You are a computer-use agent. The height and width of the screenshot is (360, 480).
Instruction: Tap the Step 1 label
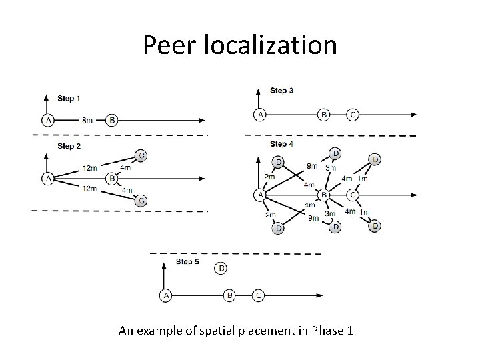click(69, 99)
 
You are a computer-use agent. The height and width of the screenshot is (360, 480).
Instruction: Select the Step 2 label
click(69, 145)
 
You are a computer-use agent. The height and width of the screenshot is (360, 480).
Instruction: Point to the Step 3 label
click(281, 91)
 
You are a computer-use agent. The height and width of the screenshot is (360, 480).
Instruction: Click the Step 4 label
click(279, 144)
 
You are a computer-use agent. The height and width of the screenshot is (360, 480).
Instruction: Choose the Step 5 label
click(187, 262)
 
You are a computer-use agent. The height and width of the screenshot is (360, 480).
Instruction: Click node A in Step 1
click(47, 121)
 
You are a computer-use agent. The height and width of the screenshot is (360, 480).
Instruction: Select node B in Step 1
click(111, 121)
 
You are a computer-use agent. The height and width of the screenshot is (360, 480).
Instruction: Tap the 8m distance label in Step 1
click(87, 121)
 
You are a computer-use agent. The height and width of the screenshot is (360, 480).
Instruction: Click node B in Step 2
click(111, 179)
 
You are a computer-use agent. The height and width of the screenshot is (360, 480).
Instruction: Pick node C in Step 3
click(353, 115)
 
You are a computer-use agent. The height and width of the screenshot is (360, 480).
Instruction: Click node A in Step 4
click(259, 195)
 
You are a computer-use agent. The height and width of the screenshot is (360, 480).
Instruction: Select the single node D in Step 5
click(221, 269)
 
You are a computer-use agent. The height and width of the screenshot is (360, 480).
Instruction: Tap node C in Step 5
click(259, 295)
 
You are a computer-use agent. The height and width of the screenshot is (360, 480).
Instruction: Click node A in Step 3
click(259, 115)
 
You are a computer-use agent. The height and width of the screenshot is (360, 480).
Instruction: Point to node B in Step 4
click(325, 195)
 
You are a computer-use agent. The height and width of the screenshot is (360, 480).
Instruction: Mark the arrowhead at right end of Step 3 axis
click(414, 115)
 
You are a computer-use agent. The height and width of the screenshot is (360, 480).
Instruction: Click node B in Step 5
click(230, 295)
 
